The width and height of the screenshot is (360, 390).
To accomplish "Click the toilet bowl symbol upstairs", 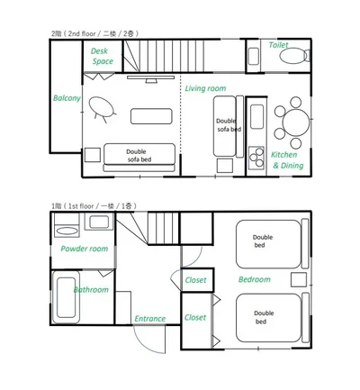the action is (292, 56).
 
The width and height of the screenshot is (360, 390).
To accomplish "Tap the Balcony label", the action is (67, 98).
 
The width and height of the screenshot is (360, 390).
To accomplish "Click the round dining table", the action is (296, 122).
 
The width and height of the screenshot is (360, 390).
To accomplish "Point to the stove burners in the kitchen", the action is (256, 158).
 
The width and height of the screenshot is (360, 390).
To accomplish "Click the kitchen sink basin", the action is (256, 116).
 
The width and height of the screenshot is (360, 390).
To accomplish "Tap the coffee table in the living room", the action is (151, 116).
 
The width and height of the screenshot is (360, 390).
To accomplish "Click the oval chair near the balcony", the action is (102, 107).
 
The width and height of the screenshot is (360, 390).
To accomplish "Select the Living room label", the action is (205, 88).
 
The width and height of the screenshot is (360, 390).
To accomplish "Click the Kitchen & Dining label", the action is (287, 160).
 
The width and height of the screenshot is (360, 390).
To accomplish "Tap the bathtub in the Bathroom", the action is (66, 297).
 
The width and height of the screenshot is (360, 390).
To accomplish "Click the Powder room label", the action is (85, 249).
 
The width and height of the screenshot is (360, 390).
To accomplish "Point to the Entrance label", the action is (149, 319).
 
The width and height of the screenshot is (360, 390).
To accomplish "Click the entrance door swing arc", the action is (143, 345).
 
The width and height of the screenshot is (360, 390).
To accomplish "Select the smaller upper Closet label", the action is (195, 280).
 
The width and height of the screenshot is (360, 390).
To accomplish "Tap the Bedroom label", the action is (255, 279).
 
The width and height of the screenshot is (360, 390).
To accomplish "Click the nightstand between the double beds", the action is (299, 280).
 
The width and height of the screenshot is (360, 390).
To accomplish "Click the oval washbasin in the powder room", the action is (67, 231).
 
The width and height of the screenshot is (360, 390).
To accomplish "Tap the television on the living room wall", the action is (151, 78).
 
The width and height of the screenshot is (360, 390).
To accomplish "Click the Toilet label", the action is (278, 45).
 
